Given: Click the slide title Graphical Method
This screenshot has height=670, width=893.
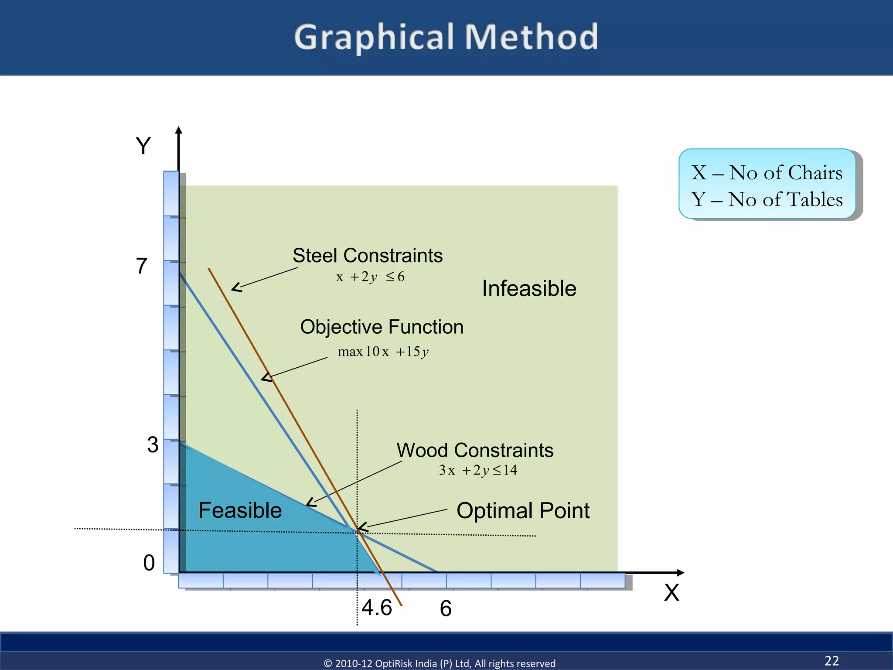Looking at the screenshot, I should click(x=446, y=38).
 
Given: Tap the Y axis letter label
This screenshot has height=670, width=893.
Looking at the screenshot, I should click(x=143, y=146).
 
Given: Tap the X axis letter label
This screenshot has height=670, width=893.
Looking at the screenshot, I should click(x=671, y=593).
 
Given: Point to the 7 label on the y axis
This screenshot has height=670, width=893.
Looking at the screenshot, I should click(x=142, y=266).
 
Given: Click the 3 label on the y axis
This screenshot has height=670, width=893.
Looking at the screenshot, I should click(x=153, y=445).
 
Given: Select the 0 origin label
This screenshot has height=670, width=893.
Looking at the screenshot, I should click(x=149, y=563).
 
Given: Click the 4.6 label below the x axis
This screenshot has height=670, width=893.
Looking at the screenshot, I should click(x=377, y=608).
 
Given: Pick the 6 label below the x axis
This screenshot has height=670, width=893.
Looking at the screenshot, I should click(x=446, y=608).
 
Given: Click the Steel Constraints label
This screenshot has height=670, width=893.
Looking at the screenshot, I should click(x=367, y=256).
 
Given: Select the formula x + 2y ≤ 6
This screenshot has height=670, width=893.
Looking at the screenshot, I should click(x=370, y=277).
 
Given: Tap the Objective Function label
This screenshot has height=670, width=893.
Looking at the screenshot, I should click(x=382, y=327).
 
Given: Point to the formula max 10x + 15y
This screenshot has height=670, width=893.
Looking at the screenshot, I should click(x=383, y=352).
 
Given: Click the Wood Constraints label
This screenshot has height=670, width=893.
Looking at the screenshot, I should click(x=475, y=450).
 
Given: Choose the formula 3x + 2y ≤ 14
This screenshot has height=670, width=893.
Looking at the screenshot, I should click(x=478, y=470).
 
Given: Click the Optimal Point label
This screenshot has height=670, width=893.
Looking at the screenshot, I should click(x=523, y=510).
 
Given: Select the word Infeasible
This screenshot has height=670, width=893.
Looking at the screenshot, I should click(x=529, y=289).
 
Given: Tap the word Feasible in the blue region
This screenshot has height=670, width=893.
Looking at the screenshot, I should click(x=240, y=510).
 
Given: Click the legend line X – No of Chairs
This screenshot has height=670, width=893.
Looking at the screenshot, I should click(x=767, y=173).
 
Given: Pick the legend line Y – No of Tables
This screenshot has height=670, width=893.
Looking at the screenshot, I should click(x=767, y=200).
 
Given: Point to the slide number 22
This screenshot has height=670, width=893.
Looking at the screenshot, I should click(x=832, y=660).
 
